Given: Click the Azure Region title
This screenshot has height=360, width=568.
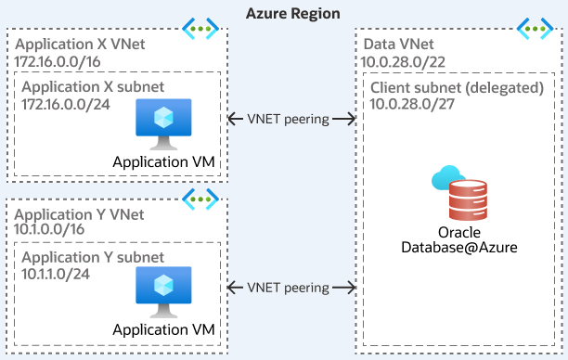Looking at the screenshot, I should (x=292, y=13).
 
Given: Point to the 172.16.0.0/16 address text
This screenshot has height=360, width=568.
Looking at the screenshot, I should (x=59, y=61).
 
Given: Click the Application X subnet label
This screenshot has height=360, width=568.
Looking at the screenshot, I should (x=93, y=86).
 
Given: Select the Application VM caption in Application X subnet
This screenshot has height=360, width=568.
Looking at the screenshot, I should (x=163, y=162).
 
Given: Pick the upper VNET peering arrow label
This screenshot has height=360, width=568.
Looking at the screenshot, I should (x=291, y=119).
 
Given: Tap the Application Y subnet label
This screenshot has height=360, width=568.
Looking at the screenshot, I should (x=93, y=256).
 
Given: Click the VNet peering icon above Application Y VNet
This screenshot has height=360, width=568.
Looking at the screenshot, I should (x=199, y=197).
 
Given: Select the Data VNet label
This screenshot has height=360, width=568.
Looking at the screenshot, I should (x=399, y=45).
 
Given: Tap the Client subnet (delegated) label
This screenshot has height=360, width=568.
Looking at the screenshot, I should (x=456, y=86).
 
